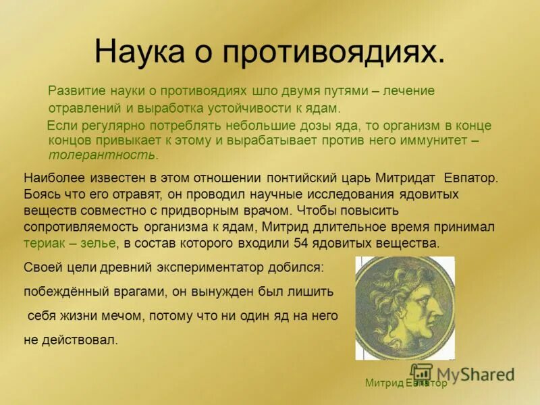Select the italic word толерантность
(x=102, y=155)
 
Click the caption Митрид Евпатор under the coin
(x=406, y=383)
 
